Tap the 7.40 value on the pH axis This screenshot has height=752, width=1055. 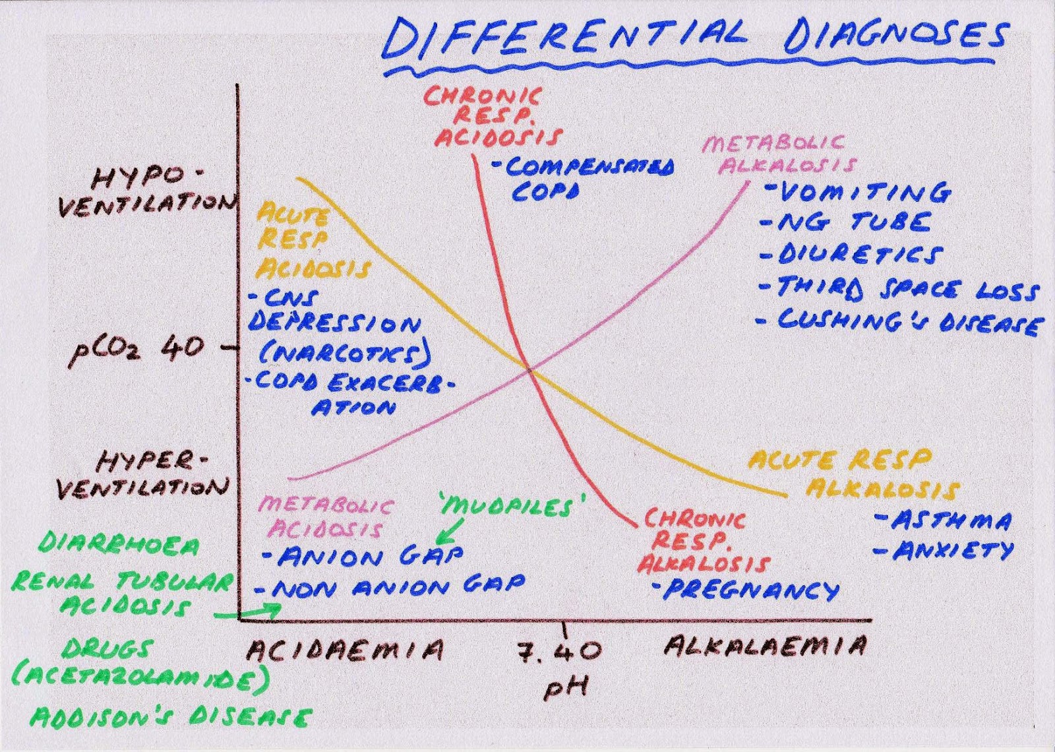click(x=558, y=652)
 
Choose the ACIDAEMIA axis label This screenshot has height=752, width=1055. click(x=344, y=650)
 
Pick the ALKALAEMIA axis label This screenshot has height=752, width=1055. click(x=764, y=646)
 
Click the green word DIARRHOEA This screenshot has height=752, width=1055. click(x=119, y=545)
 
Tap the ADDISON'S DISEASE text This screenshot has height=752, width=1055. click(x=169, y=717)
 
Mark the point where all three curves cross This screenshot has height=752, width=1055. click(x=529, y=369)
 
